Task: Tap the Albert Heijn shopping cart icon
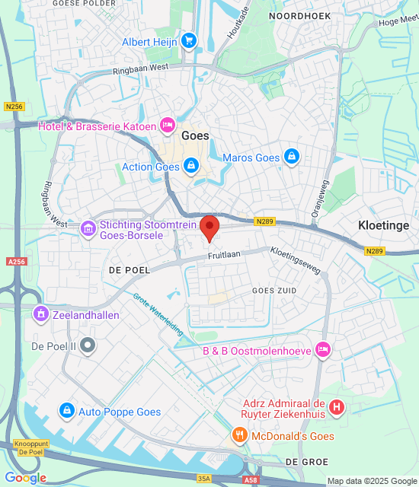(188, 40)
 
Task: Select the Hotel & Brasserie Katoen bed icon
(168, 126)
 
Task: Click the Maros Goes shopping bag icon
(291, 158)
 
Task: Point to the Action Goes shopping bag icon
(190, 166)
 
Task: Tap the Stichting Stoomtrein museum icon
(88, 227)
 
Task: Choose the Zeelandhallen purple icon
(40, 313)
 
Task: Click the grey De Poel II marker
(88, 345)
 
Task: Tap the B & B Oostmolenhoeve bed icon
(323, 350)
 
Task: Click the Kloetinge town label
(385, 225)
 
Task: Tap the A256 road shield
(15, 261)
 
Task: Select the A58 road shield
(251, 480)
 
